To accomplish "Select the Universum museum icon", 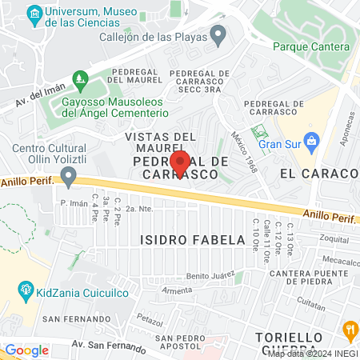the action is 34,14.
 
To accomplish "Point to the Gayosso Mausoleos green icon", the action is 79,79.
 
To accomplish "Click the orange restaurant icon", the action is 350,329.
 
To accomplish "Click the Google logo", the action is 26,350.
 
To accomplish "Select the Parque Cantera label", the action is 310,46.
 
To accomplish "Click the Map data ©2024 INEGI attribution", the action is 312,353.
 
